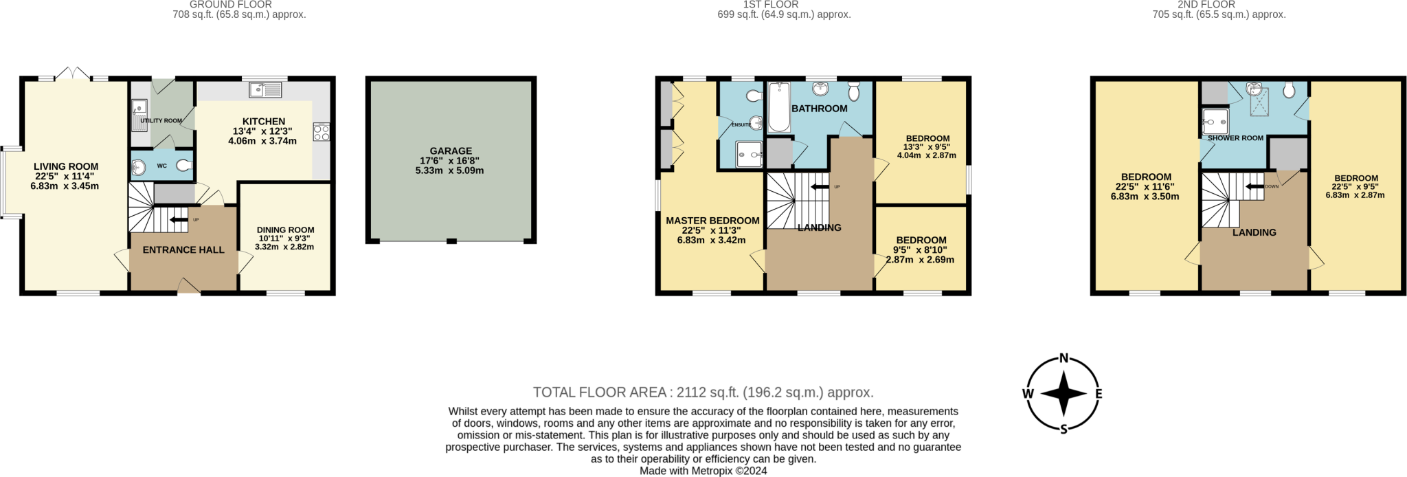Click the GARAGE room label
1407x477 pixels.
[x=451, y=151]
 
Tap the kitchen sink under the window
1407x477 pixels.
[x=266, y=89]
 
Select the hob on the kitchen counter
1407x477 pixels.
[x=321, y=131]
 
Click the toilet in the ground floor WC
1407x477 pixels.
[x=185, y=166]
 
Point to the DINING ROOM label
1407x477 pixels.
[x=285, y=230]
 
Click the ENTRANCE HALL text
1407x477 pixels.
[x=183, y=250]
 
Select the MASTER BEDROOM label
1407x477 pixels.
[x=712, y=221]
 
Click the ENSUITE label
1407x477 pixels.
[x=741, y=124]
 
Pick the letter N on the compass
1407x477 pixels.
[x=1063, y=358]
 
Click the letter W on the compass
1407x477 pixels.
[x=1028, y=394]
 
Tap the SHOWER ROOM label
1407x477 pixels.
[x=1235, y=138]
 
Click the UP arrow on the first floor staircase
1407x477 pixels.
[x=820, y=186]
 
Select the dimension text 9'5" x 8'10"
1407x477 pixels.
[x=919, y=250]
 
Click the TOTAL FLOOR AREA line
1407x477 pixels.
[x=703, y=392]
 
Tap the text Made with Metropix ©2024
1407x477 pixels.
[x=703, y=471]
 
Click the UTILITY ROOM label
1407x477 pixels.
[x=161, y=121]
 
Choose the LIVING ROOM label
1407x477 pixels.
[x=66, y=166]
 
